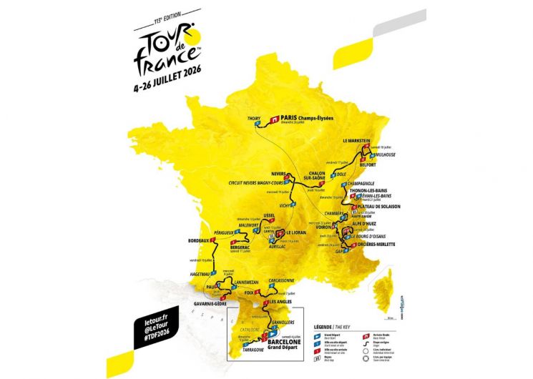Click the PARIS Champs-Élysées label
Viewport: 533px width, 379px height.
(307, 118)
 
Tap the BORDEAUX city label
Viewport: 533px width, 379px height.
(200, 241)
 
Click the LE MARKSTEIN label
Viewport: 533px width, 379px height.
(356, 141)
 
